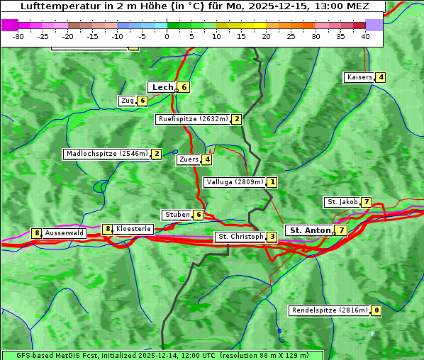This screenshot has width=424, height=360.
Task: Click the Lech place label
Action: (x=162, y=87)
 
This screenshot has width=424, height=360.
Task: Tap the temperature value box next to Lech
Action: (x=184, y=87)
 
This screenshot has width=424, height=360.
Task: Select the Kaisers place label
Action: (x=359, y=77)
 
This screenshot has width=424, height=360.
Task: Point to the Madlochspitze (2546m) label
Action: (x=107, y=153)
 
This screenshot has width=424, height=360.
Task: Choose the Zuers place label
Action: (x=189, y=159)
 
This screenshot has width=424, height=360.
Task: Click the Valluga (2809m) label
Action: (x=235, y=182)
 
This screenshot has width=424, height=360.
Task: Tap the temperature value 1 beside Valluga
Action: (x=272, y=182)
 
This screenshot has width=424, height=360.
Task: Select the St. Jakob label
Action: (x=342, y=202)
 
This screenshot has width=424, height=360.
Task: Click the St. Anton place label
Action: (x=311, y=230)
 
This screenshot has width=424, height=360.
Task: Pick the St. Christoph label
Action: (x=240, y=236)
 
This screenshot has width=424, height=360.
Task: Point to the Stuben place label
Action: (x=177, y=215)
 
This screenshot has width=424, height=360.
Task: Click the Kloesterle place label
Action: (x=133, y=229)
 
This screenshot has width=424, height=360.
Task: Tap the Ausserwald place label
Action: (x=65, y=232)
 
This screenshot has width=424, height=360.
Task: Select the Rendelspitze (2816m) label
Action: (x=330, y=310)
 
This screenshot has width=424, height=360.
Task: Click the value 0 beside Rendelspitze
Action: (x=376, y=310)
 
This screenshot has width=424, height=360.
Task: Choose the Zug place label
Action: (x=127, y=101)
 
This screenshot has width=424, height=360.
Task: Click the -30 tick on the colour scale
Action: (x=18, y=35)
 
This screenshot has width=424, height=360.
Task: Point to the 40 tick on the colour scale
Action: (x=365, y=35)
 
